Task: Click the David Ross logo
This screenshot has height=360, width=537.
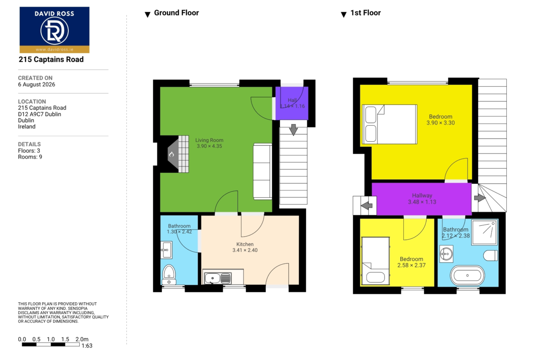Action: tap(55, 30)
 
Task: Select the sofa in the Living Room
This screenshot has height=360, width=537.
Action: tap(263, 171)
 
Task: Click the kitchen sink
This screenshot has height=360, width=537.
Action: tap(218, 278)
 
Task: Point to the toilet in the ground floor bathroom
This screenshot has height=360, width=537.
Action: tap(169, 274)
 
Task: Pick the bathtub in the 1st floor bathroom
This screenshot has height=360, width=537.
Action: tap(468, 275)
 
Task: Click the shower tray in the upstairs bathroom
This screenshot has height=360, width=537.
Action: tap(484, 232)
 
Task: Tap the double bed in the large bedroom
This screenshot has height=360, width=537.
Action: tap(389, 124)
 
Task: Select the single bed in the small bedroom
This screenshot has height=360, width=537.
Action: tap(375, 261)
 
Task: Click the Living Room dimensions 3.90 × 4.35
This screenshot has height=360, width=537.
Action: tap(209, 146)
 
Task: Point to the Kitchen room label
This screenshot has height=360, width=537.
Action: tap(245, 244)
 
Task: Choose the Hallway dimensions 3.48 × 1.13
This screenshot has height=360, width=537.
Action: tap(422, 202)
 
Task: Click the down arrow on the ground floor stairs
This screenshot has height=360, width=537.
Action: tap(293, 130)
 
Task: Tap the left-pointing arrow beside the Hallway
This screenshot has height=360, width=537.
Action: tap(366, 205)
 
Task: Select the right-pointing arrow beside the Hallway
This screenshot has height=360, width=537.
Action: tap(480, 198)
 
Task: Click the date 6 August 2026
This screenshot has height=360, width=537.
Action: tap(37, 84)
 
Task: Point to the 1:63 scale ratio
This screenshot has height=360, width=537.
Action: tap(87, 346)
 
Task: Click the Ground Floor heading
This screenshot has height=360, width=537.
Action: tap(176, 13)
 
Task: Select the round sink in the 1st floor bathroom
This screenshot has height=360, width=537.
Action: tap(446, 254)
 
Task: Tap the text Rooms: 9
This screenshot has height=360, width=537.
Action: tap(30, 157)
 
